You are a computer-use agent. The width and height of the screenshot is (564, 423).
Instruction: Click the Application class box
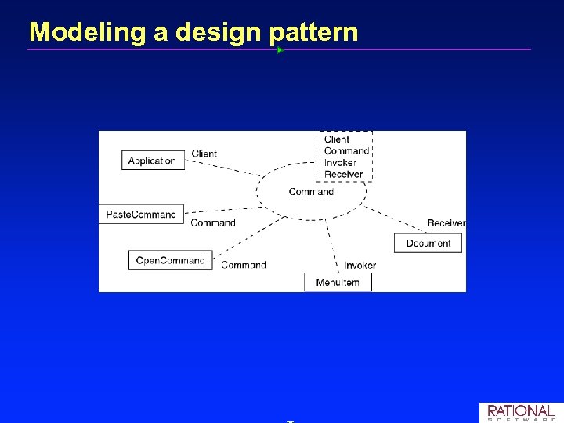pos(152,161)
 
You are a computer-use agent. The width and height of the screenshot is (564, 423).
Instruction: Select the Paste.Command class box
pos(141,214)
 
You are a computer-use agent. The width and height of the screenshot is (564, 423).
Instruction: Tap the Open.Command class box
pos(170,260)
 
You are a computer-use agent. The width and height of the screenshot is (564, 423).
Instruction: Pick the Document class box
pos(428,244)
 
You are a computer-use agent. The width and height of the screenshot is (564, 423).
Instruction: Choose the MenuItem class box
pos(338,282)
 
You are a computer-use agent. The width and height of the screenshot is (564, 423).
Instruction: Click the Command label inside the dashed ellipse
pos(311,192)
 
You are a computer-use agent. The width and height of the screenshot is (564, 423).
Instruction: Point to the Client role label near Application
pos(204,154)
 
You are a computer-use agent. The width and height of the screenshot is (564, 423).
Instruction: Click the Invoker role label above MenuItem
pos(360,265)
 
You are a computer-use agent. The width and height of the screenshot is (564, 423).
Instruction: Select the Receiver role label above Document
pos(446,223)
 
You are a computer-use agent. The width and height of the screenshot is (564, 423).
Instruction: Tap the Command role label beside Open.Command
pos(244,265)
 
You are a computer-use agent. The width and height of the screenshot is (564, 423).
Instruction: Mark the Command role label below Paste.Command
pos(213,222)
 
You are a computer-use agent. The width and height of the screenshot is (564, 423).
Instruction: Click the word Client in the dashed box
pos(337,139)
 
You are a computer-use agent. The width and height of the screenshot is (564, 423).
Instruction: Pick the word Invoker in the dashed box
pos(340,163)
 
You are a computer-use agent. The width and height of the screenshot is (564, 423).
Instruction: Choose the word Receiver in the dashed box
pos(344,174)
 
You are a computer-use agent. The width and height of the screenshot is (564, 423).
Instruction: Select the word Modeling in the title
pos(75,32)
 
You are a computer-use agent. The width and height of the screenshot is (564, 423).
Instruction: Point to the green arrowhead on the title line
pos(280,49)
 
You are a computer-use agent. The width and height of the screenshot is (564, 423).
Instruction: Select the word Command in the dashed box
pos(346,151)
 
